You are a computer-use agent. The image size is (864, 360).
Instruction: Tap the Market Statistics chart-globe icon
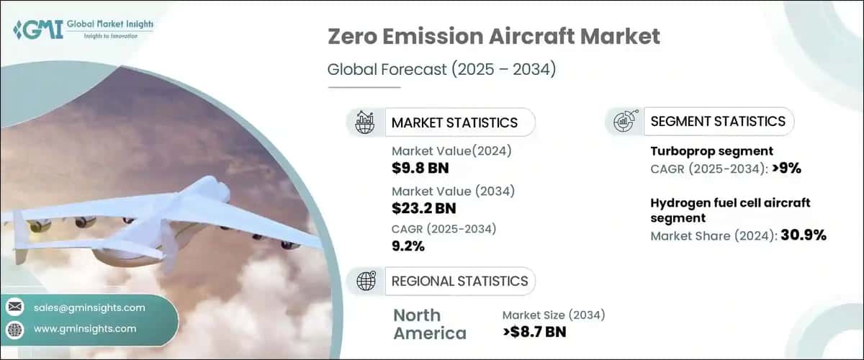[x=365, y=122]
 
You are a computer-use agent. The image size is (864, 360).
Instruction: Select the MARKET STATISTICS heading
[x=454, y=122]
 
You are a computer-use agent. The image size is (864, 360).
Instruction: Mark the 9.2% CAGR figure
[x=408, y=247]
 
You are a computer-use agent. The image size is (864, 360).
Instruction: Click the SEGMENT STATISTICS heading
[x=718, y=121]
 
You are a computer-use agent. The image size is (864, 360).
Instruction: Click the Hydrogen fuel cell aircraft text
[x=728, y=203]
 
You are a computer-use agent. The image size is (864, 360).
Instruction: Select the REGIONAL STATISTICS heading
[x=459, y=281]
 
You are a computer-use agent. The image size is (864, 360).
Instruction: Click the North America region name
[x=429, y=324]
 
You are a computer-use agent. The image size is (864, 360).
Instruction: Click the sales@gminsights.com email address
[x=89, y=307]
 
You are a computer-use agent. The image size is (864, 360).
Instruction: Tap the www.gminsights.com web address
[x=85, y=329]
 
